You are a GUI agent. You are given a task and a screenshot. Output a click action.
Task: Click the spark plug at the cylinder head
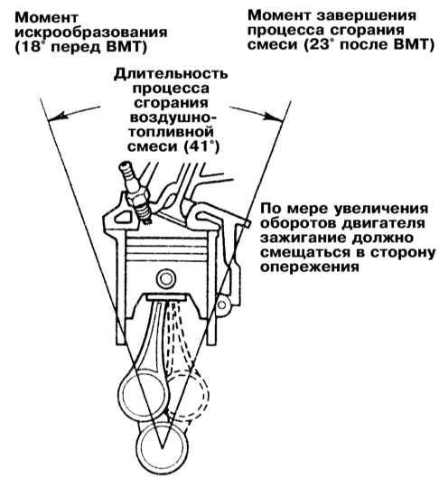[135, 192]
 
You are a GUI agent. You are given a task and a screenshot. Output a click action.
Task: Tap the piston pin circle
[165, 279]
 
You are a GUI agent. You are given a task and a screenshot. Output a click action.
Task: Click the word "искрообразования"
[91, 33]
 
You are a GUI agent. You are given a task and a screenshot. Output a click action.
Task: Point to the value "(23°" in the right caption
[319, 44]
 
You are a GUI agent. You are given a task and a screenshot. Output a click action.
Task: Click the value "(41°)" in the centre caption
[202, 146]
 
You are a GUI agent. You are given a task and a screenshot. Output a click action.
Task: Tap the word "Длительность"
[171, 73]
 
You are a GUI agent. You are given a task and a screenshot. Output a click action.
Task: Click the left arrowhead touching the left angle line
[56, 117]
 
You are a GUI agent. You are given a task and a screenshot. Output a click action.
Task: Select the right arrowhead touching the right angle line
[274, 117]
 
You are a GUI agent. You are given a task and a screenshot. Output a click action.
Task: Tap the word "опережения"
[310, 267]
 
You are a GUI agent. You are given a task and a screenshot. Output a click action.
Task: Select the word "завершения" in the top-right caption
[367, 15]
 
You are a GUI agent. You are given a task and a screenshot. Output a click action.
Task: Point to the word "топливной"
[171, 132]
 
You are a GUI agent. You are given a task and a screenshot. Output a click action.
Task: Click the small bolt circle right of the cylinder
[222, 305]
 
